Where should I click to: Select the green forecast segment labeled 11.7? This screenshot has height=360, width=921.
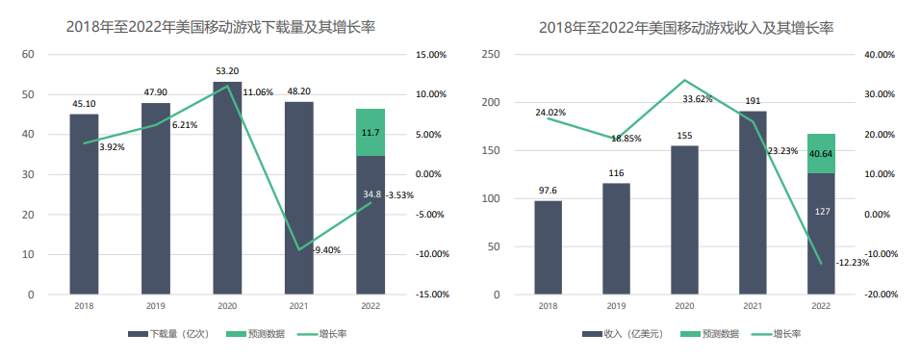coord(370,132)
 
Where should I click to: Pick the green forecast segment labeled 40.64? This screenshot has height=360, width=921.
coord(821,153)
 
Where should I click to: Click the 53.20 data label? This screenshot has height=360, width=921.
coord(227,71)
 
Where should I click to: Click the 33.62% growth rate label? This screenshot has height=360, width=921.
coord(698,99)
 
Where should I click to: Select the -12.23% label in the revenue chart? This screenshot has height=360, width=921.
coord(853,263)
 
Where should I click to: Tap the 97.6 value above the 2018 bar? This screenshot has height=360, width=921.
coord(548,191)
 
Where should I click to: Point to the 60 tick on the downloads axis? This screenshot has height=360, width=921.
coord(28,55)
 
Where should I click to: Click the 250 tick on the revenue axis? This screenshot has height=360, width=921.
coord(490,55)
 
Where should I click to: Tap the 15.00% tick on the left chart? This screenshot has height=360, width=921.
coord(431,55)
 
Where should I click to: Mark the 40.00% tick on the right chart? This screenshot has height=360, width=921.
coord(880,55)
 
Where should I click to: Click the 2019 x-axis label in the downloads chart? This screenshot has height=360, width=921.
coord(156,306)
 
